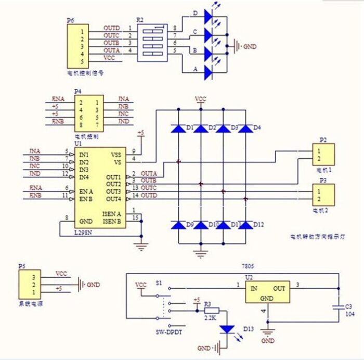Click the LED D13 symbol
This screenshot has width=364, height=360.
(227, 329)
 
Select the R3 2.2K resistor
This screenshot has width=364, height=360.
(212, 311)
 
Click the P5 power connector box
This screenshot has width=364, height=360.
(29, 286)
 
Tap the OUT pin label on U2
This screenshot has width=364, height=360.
(280, 288)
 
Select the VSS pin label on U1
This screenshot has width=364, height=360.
(116, 155)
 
